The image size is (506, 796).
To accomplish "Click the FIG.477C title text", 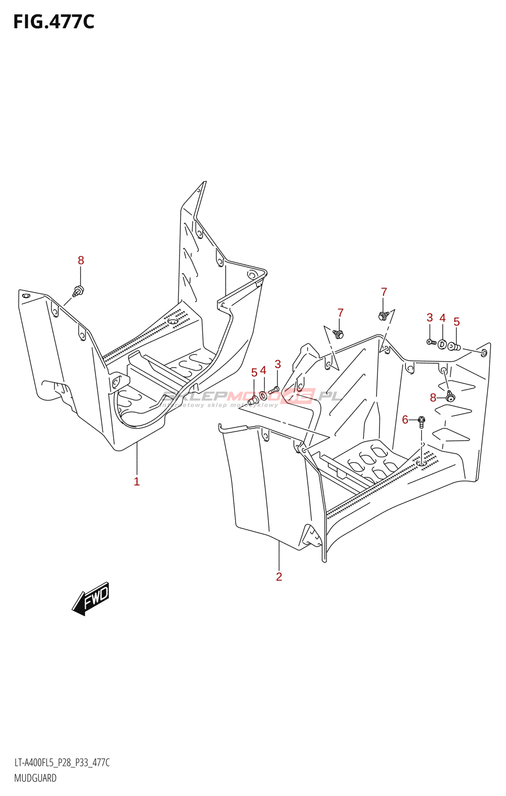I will [x=53, y=22].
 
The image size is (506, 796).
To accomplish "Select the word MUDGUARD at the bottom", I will [x=35, y=778].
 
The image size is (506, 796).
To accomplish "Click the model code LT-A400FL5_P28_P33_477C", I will [x=62, y=763].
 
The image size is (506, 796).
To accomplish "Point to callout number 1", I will [x=136, y=482].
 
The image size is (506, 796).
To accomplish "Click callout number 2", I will [x=279, y=577].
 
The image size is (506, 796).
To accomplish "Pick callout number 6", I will [x=405, y=420].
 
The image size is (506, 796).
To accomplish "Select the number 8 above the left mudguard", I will [x=81, y=260].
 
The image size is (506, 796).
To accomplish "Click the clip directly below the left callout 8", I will [x=78, y=291].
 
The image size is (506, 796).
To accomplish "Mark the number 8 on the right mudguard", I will [x=433, y=398].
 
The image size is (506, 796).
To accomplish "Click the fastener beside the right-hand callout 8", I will [x=450, y=397].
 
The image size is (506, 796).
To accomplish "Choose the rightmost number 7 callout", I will [x=384, y=292].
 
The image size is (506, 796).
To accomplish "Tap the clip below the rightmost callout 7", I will [x=382, y=315].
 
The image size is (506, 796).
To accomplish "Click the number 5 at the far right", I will [x=457, y=322].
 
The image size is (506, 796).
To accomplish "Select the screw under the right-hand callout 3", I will [x=431, y=342].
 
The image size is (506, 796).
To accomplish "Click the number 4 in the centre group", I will [x=263, y=370].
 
